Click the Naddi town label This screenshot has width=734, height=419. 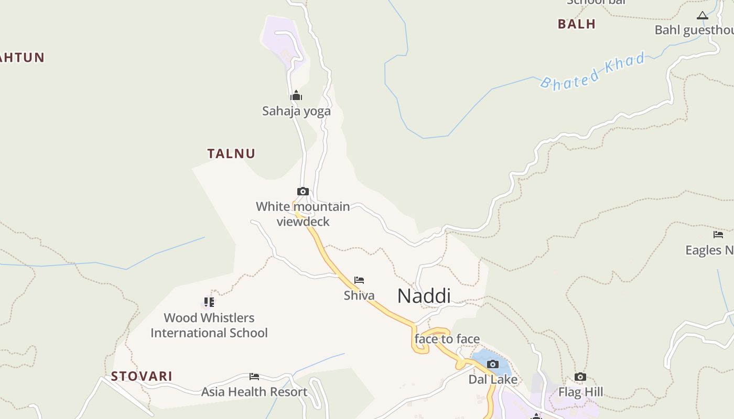point(424,296)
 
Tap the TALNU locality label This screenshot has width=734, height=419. point(231,153)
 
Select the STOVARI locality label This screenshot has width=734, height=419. point(142,376)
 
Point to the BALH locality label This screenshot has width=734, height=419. point(577,24)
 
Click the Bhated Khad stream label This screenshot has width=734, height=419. point(592,71)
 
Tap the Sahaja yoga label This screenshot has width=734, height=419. point(296,111)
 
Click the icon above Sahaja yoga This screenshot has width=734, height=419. point(296,95)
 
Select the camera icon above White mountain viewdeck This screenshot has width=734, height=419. point(303,191)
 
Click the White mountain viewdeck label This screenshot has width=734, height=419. point(303,214)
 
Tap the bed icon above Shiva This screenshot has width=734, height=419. point(359,280)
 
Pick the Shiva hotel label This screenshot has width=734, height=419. point(359,295)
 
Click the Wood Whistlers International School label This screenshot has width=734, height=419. point(209,325)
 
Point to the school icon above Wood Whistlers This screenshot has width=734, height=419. point(209,302)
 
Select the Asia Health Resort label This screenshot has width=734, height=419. point(254,392)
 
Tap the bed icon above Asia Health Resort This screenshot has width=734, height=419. point(254,376)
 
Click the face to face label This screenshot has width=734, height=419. point(447,339)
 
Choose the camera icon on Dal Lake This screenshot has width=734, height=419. point(493,364)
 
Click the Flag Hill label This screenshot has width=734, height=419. point(580,392)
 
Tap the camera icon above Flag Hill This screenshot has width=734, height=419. point(580,377)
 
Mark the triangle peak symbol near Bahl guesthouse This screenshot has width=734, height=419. point(703,16)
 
